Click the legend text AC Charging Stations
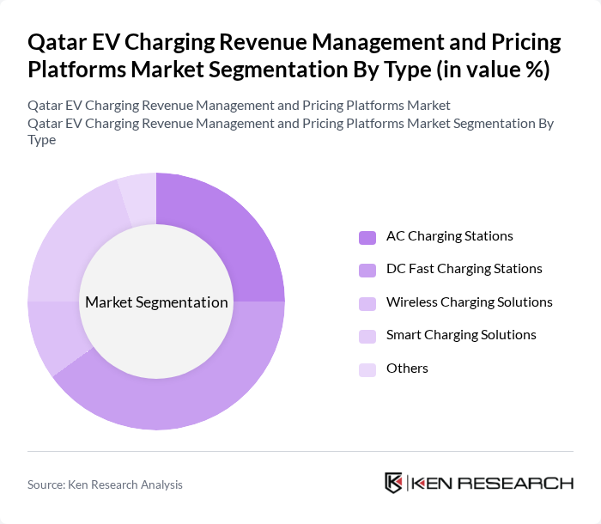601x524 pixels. click(x=449, y=236)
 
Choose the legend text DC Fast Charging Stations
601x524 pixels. click(x=464, y=269)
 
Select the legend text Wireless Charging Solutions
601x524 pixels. click(x=469, y=302)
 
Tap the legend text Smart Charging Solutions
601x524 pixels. click(x=461, y=335)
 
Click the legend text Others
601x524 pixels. click(x=407, y=369)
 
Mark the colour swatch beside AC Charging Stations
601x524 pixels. click(x=367, y=237)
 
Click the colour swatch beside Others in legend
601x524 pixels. click(x=367, y=369)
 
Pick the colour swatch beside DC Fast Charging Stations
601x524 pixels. click(x=367, y=270)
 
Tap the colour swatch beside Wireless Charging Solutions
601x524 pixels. click(x=367, y=303)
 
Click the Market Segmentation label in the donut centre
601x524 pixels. click(x=156, y=302)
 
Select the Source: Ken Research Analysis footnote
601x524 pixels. click(x=105, y=484)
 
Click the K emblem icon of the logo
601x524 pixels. click(x=394, y=483)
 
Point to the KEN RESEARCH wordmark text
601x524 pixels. click(x=493, y=484)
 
